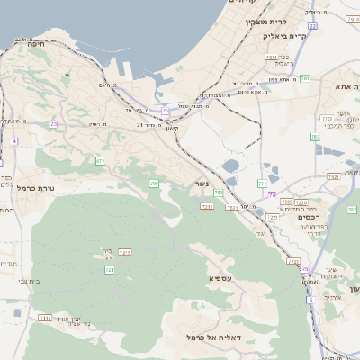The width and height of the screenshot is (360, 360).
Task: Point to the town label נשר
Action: [202, 184]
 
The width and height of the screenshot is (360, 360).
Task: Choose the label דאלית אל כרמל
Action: [209, 337]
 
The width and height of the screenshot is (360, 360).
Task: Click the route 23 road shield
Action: [54, 124]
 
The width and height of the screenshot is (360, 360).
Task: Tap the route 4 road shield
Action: [14, 141]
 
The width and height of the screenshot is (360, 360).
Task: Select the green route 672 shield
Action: [101, 161]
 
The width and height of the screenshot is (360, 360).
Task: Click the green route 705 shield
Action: [154, 184]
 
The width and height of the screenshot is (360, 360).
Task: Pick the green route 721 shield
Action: [110, 269]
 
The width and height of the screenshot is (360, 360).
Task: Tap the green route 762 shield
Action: [351, 210]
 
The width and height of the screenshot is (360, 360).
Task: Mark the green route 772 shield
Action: [262, 184]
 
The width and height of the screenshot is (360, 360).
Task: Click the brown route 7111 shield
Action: [45, 318]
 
